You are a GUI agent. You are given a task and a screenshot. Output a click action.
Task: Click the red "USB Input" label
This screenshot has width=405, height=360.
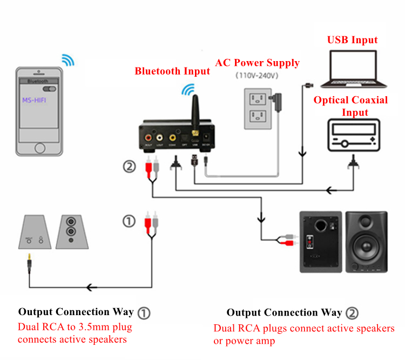[x=353, y=40]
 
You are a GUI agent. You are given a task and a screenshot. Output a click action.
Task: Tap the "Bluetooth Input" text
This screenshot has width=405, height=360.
[x=172, y=71]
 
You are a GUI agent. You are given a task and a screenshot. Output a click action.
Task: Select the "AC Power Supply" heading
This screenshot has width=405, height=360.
[x=257, y=63]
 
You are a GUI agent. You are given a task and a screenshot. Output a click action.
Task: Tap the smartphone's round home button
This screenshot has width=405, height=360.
[x=40, y=148]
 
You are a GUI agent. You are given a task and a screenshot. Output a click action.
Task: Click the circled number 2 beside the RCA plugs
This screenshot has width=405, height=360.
[x=129, y=166]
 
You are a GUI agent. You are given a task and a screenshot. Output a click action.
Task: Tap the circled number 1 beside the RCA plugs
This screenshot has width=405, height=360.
[x=129, y=221]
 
